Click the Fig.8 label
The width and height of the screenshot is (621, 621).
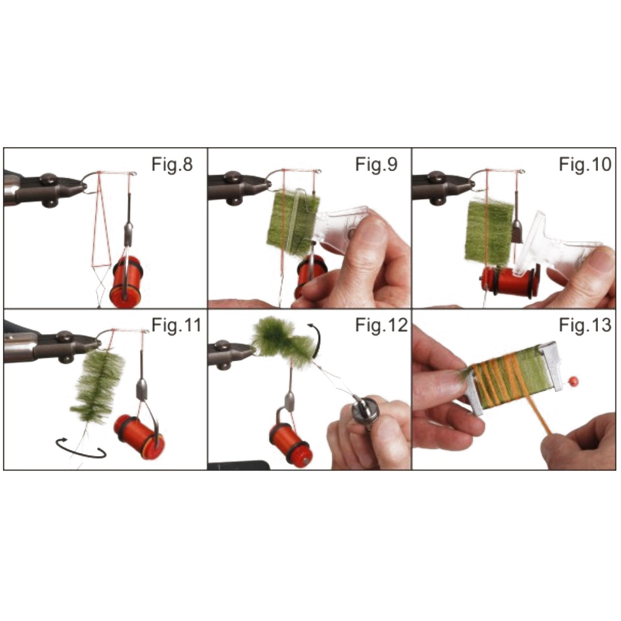[x=172, y=165]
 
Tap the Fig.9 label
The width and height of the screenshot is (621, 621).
[x=376, y=165]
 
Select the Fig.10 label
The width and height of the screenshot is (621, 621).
[x=585, y=165]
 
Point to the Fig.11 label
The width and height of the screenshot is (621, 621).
[x=176, y=326]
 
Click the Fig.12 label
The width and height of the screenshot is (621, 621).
[x=381, y=326]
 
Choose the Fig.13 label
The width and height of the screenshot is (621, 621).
[x=585, y=326]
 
